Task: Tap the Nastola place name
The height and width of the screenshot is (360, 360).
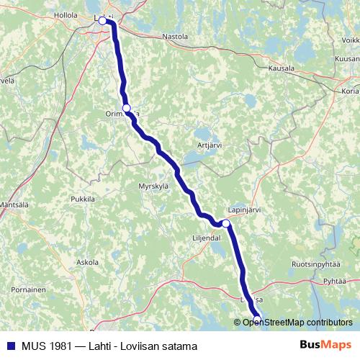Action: (x=175, y=36)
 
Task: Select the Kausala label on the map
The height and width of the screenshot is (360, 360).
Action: (x=281, y=68)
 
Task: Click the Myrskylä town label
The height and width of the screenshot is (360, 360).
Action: (x=153, y=185)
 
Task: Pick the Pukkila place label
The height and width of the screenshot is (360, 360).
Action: (x=83, y=199)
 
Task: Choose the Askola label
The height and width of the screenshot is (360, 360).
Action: (x=87, y=262)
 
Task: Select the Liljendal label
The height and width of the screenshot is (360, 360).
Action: (x=206, y=237)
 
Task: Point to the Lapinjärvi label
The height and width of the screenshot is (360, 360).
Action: (x=243, y=210)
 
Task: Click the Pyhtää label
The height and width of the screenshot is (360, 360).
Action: (x=336, y=281)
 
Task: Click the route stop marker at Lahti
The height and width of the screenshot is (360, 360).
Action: (x=102, y=21)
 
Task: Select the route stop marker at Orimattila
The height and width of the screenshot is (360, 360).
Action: (x=127, y=108)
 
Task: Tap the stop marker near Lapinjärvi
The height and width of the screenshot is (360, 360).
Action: (x=226, y=224)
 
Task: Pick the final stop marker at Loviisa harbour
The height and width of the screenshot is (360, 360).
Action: (x=257, y=319)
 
